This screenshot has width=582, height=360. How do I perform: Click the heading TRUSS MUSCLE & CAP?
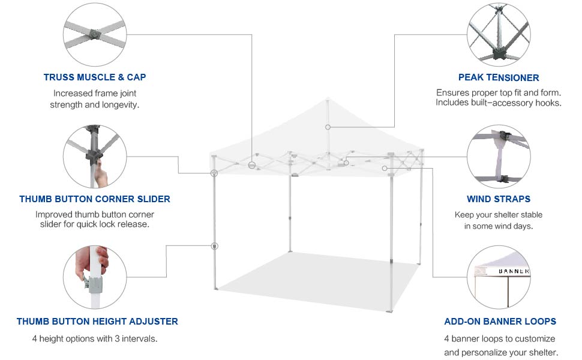pos(95,77)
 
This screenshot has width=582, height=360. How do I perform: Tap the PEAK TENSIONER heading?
pos(499,77)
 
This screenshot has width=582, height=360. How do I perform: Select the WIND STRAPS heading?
pos(499,199)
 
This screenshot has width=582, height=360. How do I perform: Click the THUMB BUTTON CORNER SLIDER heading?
pos(95,199)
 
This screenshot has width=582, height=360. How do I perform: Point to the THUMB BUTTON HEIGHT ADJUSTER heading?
pos(97,322)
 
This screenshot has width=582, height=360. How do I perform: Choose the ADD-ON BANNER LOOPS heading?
pos(500,322)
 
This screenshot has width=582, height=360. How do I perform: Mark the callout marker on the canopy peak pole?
pos(328,127)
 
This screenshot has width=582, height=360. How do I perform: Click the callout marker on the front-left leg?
pos(214,246)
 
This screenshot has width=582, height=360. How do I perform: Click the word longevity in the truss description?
pos(119,105)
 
